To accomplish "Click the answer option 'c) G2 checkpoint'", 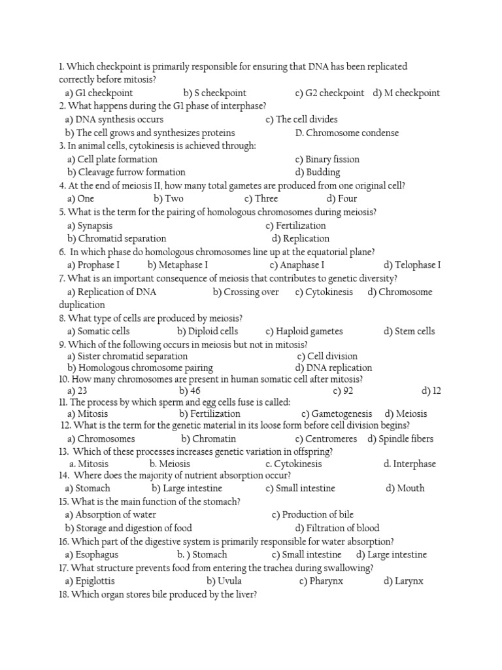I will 329,93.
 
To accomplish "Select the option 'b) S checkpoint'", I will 215,93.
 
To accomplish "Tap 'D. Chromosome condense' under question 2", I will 346,133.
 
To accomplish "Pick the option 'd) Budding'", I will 318,172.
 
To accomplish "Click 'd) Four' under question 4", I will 342,198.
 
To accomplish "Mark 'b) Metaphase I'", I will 178,265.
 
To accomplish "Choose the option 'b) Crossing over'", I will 246,292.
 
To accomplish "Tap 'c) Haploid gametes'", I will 304,331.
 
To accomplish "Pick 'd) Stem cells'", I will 409,331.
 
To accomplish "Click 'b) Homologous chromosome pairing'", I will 140,368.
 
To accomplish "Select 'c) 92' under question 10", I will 343,391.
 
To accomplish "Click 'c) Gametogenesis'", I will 337,414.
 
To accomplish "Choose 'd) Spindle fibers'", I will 400,438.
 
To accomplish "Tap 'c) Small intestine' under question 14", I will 300,488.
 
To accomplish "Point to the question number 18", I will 63,595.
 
